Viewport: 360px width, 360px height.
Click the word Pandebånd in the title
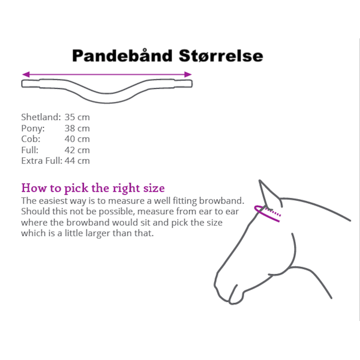coord(122,56)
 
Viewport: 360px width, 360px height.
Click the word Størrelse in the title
coord(221,56)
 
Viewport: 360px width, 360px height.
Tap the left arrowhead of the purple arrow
coord(26,74)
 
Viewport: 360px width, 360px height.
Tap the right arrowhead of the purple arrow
coord(188,74)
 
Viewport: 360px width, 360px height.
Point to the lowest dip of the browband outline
coord(107,103)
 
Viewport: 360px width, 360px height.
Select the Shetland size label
coord(41,117)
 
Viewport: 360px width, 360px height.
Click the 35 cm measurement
coord(77,117)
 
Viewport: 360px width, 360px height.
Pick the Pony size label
coord(33,128)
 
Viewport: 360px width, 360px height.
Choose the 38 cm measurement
coord(77,128)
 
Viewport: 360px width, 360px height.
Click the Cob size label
coord(31,139)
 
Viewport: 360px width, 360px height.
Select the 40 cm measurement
coord(77,139)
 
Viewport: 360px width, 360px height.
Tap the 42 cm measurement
coord(77,150)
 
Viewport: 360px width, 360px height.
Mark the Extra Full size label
coord(41,161)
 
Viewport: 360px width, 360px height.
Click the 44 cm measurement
coord(77,161)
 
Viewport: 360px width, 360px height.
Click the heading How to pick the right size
coord(93,188)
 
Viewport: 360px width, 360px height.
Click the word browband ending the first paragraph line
coord(221,200)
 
